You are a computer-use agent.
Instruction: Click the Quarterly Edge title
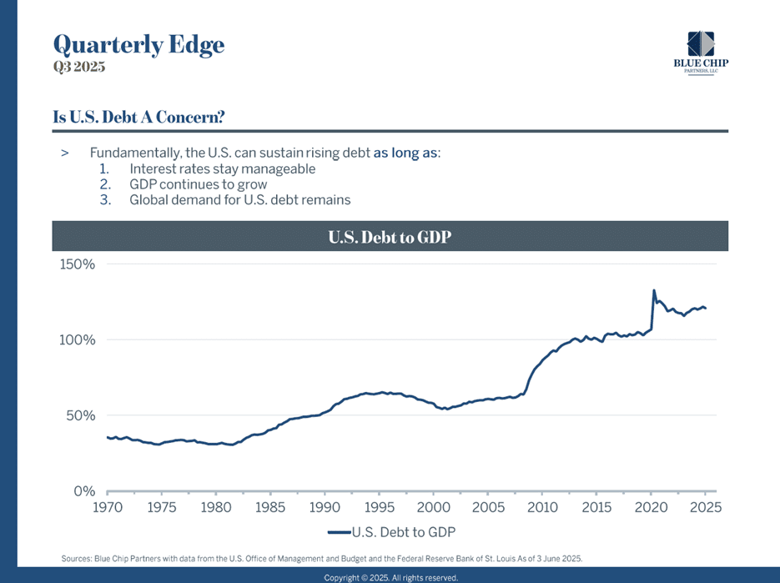click(138, 44)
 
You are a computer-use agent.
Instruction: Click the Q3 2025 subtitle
click(79, 68)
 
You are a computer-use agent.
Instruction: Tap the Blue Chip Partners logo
click(701, 53)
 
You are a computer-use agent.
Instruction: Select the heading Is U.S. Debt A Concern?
click(138, 117)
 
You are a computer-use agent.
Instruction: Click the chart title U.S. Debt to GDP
click(390, 237)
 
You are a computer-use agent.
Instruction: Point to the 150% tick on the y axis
click(78, 264)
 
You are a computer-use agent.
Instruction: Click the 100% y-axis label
click(78, 340)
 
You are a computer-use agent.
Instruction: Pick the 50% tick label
click(81, 415)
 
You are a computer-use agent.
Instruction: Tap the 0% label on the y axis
click(84, 490)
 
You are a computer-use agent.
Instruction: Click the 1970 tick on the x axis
click(108, 507)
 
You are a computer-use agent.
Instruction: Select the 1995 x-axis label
click(380, 507)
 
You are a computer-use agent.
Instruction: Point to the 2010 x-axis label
click(542, 507)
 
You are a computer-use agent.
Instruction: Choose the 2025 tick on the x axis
click(705, 507)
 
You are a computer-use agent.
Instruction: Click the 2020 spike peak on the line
click(653, 291)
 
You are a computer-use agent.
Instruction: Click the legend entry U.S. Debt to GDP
click(391, 531)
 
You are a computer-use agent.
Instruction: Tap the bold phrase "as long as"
click(405, 153)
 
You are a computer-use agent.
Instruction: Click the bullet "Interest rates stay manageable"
click(222, 168)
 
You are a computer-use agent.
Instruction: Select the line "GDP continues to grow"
click(198, 184)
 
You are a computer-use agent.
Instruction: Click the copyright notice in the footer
click(390, 577)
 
